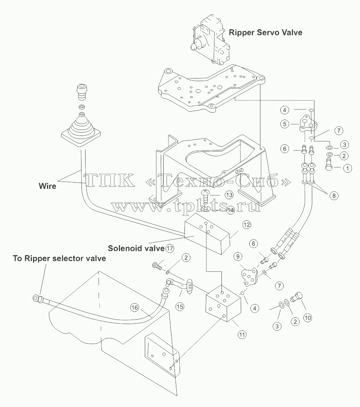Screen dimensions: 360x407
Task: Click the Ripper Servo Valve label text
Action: tap(265, 33)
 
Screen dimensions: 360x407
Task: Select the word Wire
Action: tap(47, 186)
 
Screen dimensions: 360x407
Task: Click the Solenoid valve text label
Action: tap(136, 248)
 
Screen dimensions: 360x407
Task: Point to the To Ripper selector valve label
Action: tap(59, 258)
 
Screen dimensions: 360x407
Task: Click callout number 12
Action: tap(246, 224)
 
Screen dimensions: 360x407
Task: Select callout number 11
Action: tap(242, 334)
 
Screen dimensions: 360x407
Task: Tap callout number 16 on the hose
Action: tap(134, 308)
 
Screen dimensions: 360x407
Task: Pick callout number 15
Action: tap(180, 307)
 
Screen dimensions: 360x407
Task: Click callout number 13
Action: tap(229, 195)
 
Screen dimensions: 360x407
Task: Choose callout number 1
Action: tap(347, 168)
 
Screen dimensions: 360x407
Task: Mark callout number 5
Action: tap(284, 124)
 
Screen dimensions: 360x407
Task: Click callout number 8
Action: tap(334, 195)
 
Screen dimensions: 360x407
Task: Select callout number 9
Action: tap(238, 256)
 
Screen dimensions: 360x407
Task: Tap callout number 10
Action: tap(307, 317)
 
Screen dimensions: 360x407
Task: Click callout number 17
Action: tap(170, 248)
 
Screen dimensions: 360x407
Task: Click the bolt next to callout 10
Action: tap(297, 297)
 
